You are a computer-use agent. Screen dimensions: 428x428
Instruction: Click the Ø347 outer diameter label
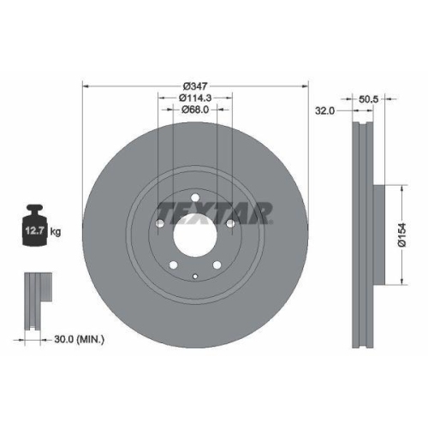(x=196, y=86)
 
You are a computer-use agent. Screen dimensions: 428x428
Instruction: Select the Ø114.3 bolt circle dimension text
(x=194, y=99)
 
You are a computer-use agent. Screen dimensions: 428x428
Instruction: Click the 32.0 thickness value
(x=324, y=111)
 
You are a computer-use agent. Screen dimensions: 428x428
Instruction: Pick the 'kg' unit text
(x=57, y=230)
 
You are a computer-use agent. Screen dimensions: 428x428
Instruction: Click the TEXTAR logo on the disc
(x=214, y=211)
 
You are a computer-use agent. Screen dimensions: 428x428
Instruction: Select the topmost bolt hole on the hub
(x=194, y=201)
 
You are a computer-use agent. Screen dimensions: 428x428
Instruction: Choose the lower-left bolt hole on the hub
(x=173, y=264)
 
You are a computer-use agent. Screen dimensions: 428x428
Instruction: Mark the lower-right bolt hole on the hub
(x=217, y=264)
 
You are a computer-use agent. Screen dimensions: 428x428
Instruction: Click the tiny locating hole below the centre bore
(x=194, y=276)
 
